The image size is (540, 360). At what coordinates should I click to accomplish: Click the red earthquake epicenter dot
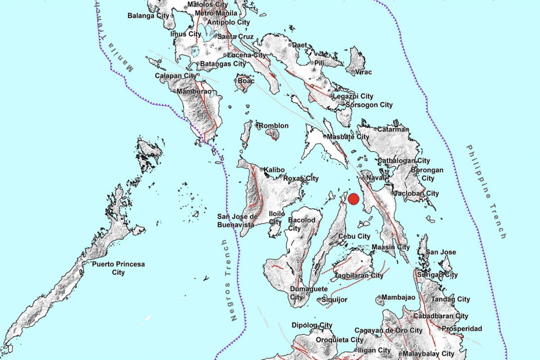tap(354, 199)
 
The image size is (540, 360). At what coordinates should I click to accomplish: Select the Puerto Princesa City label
tap(118, 268)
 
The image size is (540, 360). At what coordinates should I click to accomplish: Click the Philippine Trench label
tap(486, 191)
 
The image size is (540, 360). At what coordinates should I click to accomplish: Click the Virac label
tap(364, 72)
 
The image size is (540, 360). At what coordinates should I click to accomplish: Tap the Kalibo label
tap(274, 169)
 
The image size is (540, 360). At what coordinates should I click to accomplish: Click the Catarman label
tap(393, 130)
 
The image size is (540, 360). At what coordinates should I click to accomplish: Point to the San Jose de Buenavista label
tap(237, 220)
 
